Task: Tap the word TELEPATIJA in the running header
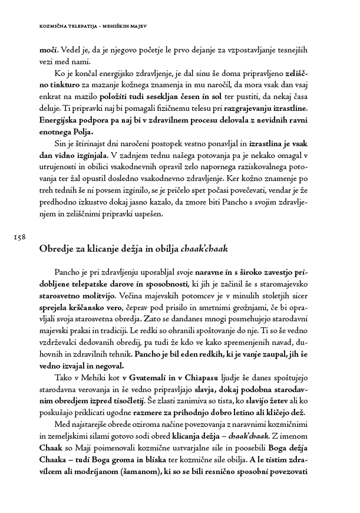pos(85,25)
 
